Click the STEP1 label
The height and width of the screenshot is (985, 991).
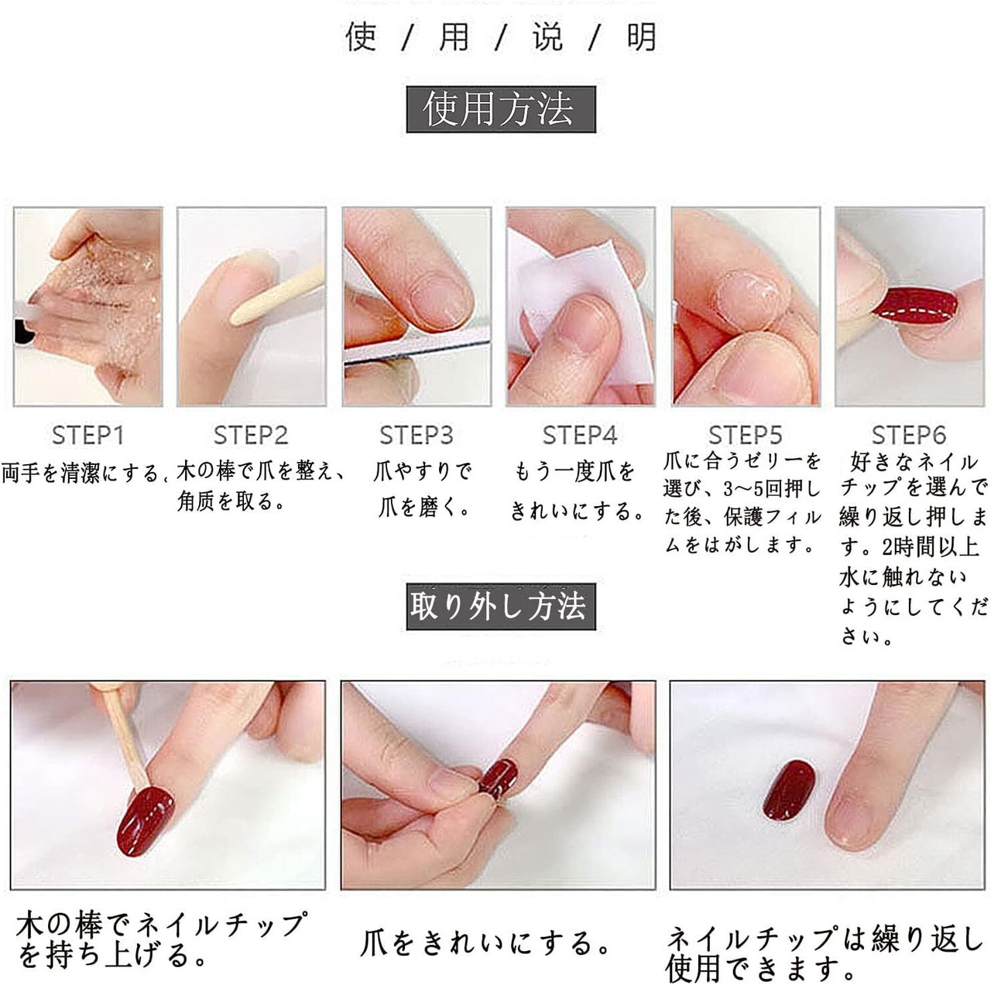pos(88,436)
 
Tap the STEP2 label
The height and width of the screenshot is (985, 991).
pos(251,436)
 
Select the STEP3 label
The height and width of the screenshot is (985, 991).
pos(417,436)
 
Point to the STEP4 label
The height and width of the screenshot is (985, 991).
pos(580,436)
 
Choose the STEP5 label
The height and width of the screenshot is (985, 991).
pos(746,436)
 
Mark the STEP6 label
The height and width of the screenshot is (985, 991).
pos(909,436)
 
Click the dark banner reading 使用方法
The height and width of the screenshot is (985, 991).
pos(501,110)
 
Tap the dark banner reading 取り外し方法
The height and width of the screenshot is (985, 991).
pos(501,607)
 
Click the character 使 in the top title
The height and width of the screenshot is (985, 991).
pos(361,37)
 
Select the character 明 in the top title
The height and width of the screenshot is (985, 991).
pos(641,37)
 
